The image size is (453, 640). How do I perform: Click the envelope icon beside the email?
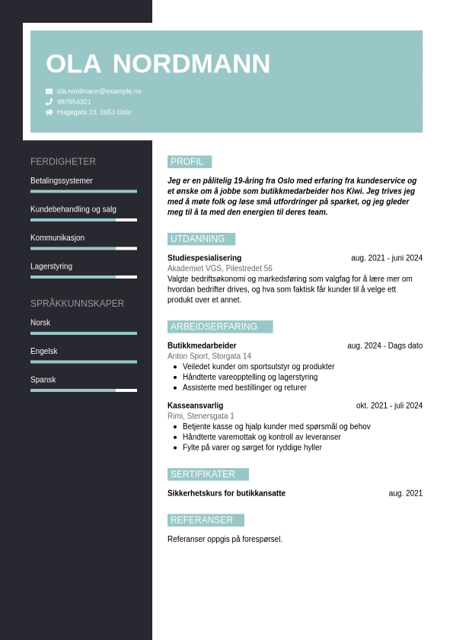tap(49, 91)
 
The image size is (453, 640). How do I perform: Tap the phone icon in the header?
tap(49, 102)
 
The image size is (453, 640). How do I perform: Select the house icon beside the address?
tap(49, 112)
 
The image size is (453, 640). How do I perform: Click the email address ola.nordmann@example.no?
tap(99, 91)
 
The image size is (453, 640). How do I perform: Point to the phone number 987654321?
tap(74, 102)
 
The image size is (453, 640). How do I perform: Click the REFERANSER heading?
tap(205, 520)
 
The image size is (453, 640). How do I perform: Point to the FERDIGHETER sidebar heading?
tap(63, 162)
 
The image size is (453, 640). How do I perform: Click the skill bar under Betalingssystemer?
tap(84, 192)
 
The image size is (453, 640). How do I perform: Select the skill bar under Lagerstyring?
tap(84, 277)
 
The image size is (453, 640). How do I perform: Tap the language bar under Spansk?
tap(84, 390)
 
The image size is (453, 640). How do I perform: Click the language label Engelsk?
tap(44, 352)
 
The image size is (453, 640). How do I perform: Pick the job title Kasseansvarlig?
tap(195, 406)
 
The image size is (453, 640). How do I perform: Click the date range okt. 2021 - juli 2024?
tap(389, 406)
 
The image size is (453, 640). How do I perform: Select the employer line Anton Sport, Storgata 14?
tap(209, 356)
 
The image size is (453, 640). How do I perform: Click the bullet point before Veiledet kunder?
tap(175, 367)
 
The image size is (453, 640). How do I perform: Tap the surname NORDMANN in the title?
tap(191, 64)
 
